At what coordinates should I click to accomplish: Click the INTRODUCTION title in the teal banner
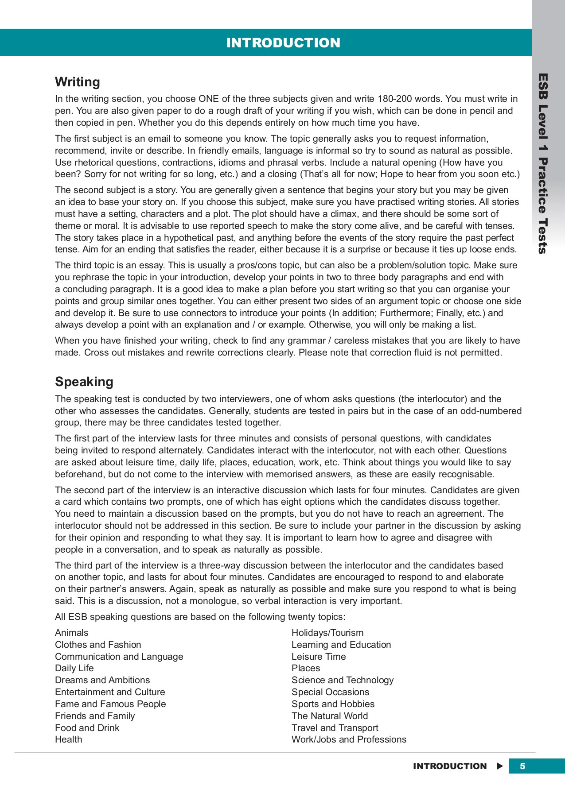283,43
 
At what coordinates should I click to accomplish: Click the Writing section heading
78,82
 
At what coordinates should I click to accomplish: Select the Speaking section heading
84,382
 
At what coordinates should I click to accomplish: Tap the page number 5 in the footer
522,766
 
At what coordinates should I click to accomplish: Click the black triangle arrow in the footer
500,766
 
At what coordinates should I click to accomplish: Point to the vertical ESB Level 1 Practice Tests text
543,164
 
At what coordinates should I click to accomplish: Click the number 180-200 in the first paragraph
394,99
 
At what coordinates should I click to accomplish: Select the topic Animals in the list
72,633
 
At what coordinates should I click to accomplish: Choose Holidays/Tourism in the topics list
327,633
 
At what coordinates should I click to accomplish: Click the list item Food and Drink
87,728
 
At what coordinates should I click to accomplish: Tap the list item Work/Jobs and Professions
349,739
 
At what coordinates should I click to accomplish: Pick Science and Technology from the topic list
343,680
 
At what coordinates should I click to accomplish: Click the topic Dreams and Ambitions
102,680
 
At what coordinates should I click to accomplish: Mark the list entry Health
69,739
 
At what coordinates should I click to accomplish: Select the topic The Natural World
330,716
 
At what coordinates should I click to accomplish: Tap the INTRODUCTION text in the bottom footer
450,766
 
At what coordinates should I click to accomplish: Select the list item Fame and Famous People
110,704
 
